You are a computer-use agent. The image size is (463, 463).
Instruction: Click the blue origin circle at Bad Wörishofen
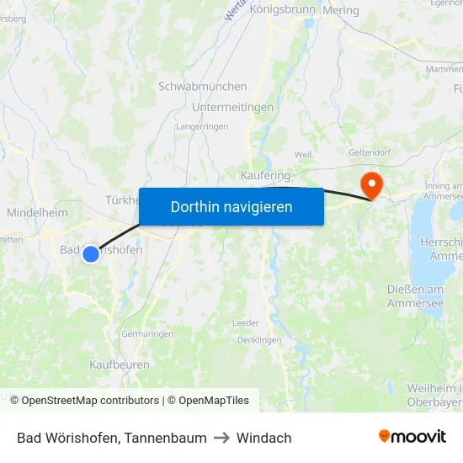click(x=91, y=253)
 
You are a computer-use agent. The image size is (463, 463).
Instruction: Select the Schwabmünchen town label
click(x=203, y=87)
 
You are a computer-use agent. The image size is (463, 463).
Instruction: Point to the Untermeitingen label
click(x=233, y=108)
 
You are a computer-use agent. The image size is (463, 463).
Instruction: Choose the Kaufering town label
click(x=265, y=175)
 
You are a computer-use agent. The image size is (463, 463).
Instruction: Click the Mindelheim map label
click(x=37, y=213)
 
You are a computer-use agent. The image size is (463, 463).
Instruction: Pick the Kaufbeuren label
click(x=120, y=365)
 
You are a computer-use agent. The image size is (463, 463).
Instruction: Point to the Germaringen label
click(x=147, y=333)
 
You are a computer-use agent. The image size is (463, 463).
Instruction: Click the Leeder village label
click(x=246, y=322)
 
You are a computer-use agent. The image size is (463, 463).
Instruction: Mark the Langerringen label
click(x=202, y=126)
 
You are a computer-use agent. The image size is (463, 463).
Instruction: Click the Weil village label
click(x=303, y=155)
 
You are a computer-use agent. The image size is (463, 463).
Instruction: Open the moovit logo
click(x=412, y=437)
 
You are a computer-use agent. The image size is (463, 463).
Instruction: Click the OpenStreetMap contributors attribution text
click(x=90, y=401)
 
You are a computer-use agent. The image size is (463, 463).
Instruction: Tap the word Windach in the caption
click(x=263, y=438)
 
